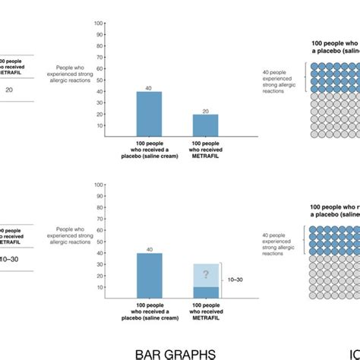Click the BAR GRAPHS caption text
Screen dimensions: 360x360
tap(175, 352)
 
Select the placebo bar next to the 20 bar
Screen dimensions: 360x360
tap(149, 114)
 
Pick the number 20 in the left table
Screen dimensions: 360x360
tap(9, 90)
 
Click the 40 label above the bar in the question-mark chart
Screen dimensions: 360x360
tap(149, 249)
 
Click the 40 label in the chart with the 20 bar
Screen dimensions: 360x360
tap(149, 87)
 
